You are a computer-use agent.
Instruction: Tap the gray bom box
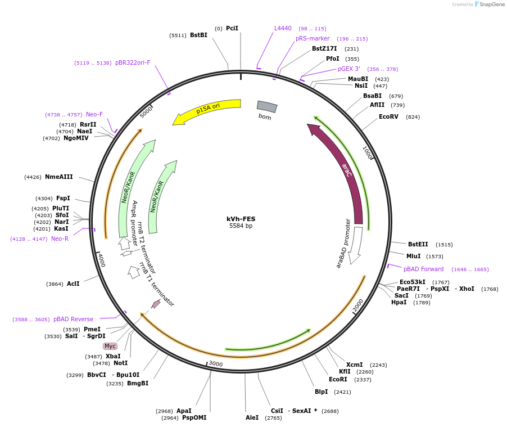(267, 107)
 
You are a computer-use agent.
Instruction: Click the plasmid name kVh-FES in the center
(241, 219)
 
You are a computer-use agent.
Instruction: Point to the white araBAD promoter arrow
(356, 244)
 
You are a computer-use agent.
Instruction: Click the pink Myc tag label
(110, 346)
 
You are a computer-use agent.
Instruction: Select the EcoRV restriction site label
(388, 116)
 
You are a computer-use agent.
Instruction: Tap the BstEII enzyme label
(418, 244)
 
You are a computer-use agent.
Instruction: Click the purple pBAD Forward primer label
(424, 269)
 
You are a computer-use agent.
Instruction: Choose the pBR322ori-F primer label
(133, 62)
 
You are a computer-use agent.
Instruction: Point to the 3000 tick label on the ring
(216, 363)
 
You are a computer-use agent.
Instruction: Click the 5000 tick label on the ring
(146, 113)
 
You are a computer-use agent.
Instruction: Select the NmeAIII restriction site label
(59, 177)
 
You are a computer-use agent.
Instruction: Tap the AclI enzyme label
(73, 284)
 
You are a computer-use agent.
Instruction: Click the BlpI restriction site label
(322, 392)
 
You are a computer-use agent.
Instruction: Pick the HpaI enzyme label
(399, 302)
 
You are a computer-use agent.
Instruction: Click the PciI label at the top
(232, 28)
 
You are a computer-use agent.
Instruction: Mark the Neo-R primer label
(60, 239)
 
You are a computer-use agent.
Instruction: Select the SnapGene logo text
(492, 4)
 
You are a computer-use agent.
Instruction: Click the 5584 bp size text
(241, 226)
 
